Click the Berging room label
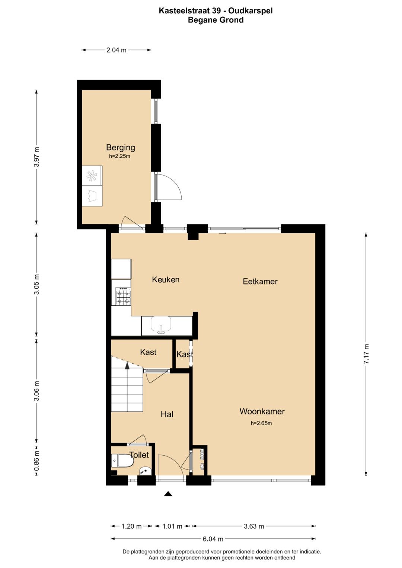point(120,148)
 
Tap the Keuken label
point(166,279)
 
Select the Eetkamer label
point(260,281)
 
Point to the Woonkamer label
point(262,411)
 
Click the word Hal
point(167,414)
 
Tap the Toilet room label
point(139,455)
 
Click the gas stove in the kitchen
point(123,296)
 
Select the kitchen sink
point(161,325)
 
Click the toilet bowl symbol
point(122,461)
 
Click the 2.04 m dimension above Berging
point(116,50)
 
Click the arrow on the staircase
point(127,365)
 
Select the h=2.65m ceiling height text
point(261,423)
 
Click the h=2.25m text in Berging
point(119,156)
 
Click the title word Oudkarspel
point(251,11)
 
